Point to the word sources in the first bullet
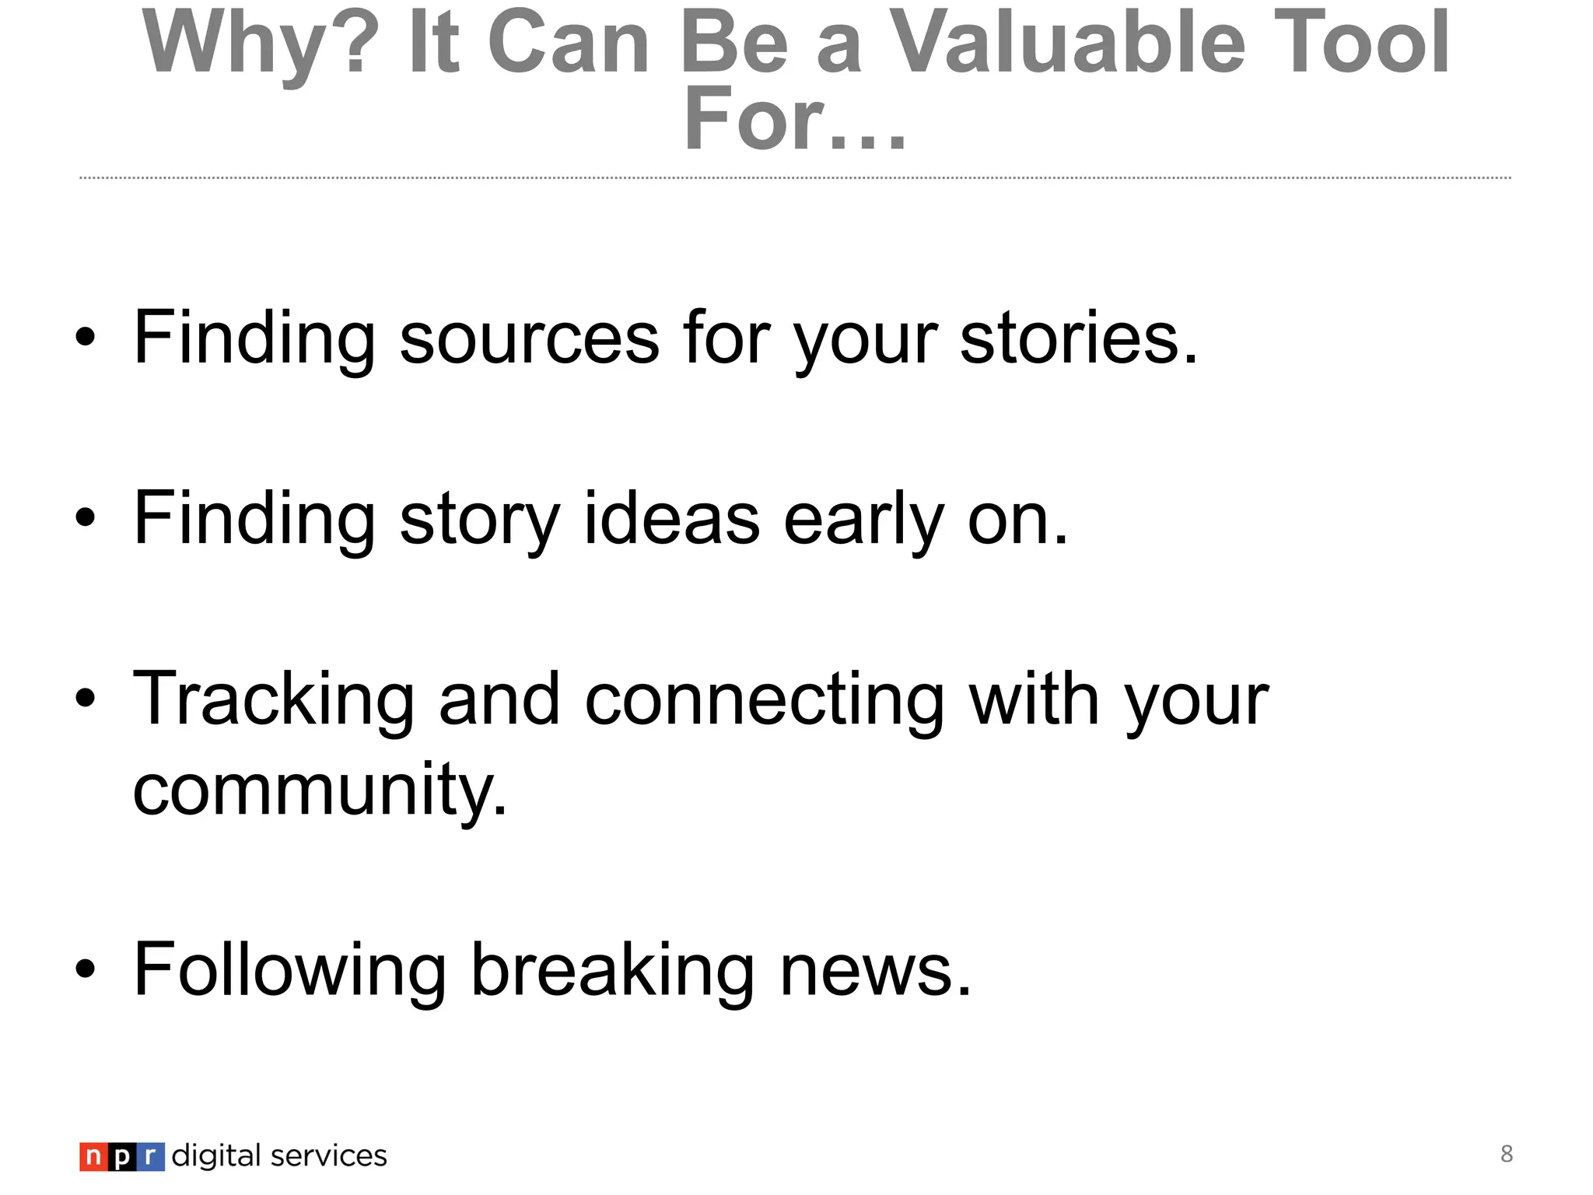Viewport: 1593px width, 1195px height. pyautogui.click(x=529, y=338)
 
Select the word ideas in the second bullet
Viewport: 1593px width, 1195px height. pyautogui.click(x=671, y=519)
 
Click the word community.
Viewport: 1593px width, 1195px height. pyautogui.click(x=320, y=790)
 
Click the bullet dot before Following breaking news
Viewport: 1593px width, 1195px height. pyautogui.click(x=86, y=970)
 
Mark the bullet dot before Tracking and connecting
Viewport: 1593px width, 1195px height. pyautogui.click(x=86, y=699)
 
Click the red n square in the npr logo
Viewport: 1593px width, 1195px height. pyautogui.click(x=93, y=1157)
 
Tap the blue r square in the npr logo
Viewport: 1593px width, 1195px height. pyautogui.click(x=152, y=1157)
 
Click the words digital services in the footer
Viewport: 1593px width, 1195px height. pyautogui.click(x=278, y=1156)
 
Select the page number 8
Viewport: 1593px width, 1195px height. pyautogui.click(x=1506, y=1154)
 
